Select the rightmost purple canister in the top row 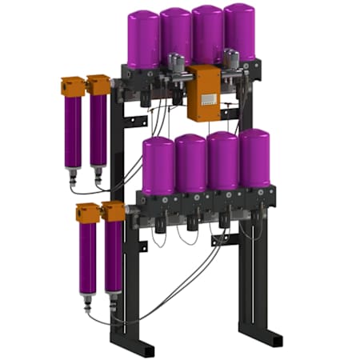239,34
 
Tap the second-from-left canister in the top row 176,36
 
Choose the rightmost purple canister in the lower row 254,158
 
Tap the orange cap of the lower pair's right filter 114,210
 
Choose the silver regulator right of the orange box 231,60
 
